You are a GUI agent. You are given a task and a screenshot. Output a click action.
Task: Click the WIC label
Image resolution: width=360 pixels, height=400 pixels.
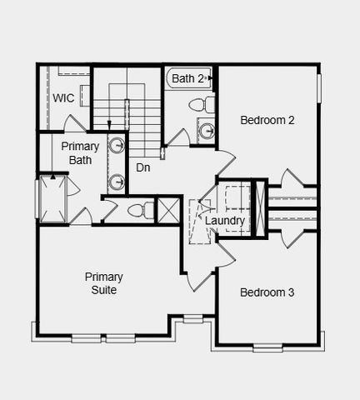click(63, 98)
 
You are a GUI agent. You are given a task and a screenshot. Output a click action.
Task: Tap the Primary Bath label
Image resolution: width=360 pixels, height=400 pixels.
click(80, 152)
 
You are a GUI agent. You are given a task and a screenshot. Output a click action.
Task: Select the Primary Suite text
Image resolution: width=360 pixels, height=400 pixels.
click(103, 283)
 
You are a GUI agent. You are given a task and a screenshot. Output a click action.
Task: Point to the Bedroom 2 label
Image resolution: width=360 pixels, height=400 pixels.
click(267, 120)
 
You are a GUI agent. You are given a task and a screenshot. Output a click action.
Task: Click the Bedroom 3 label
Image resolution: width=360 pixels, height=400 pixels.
click(267, 292)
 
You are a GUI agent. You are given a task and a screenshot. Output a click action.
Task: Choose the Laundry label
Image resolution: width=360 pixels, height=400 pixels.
click(224, 221)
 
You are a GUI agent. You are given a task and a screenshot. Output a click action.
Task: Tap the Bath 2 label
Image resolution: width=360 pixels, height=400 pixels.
click(188, 78)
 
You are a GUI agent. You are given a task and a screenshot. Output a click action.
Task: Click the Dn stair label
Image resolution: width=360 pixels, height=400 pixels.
click(143, 167)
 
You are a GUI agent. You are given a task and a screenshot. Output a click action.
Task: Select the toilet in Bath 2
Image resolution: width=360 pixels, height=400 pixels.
click(198, 105)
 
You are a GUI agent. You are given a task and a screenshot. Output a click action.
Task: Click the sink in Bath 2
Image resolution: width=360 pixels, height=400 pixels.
click(205, 129)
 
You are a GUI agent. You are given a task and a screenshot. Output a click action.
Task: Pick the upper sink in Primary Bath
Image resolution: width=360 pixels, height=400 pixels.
click(117, 146)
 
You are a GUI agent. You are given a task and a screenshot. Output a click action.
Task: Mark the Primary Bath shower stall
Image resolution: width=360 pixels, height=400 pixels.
click(52, 198)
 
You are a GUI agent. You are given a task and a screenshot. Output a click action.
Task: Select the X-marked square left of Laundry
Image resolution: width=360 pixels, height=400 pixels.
click(169, 209)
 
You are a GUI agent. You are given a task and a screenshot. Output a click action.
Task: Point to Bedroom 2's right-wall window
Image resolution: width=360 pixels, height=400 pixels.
click(318, 88)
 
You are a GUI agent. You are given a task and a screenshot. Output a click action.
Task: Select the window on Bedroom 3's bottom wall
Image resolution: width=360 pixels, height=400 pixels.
click(267, 347)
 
